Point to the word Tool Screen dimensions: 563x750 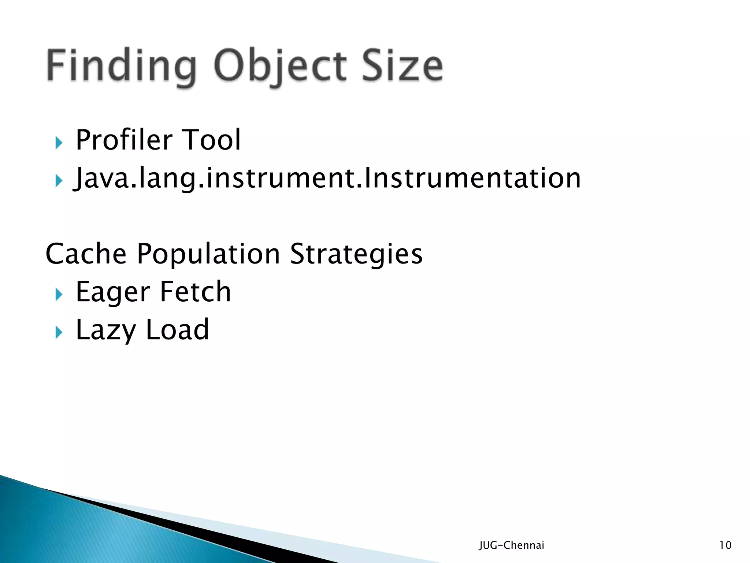point(211,140)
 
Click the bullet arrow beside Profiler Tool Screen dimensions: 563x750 point(59,143)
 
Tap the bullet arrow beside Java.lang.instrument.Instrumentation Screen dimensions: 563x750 point(59,181)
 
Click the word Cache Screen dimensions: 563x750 point(86,254)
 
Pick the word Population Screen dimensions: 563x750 point(208,254)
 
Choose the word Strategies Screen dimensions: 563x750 point(356,254)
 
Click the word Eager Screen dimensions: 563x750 point(113,292)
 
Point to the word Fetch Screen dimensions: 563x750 point(195,292)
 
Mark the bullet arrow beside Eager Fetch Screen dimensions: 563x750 point(59,294)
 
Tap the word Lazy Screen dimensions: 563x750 point(106,330)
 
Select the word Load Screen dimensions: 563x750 point(177,330)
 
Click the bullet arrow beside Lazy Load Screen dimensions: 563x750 point(59,332)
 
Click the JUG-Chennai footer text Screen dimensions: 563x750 point(511,545)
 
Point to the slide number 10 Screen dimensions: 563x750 point(725,545)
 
